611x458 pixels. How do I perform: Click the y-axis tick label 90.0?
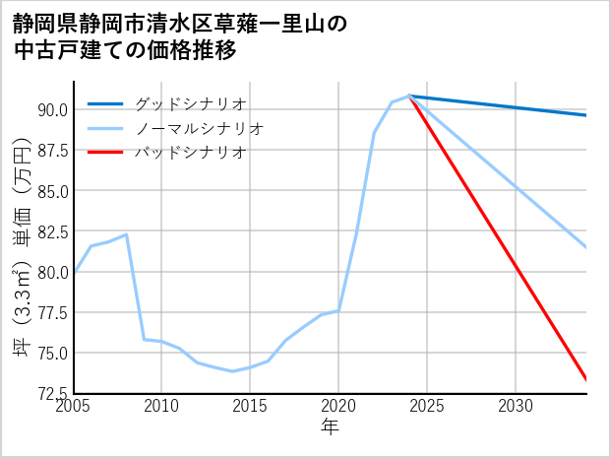[53, 109]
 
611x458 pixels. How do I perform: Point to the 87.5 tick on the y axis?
[53, 151]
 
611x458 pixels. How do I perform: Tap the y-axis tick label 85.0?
[53, 191]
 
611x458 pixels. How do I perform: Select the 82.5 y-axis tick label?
[53, 231]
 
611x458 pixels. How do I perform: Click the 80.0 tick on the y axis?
[53, 272]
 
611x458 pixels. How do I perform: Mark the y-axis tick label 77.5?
[53, 313]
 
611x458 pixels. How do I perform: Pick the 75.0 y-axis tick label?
[53, 354]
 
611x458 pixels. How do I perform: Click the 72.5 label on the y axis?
[53, 394]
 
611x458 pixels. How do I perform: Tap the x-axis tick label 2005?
[74, 406]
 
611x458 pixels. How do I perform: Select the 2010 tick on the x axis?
[162, 406]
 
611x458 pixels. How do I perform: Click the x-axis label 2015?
[250, 406]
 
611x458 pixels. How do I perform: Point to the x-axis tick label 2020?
[338, 406]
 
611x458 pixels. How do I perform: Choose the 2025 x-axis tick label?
[427, 406]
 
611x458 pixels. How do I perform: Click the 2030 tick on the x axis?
[516, 406]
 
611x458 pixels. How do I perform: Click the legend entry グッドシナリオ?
[190, 103]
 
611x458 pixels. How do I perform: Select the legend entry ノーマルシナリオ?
[200, 128]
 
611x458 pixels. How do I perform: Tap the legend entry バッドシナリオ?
[190, 153]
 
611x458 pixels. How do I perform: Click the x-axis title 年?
[331, 427]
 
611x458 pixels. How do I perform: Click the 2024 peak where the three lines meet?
[409, 96]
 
